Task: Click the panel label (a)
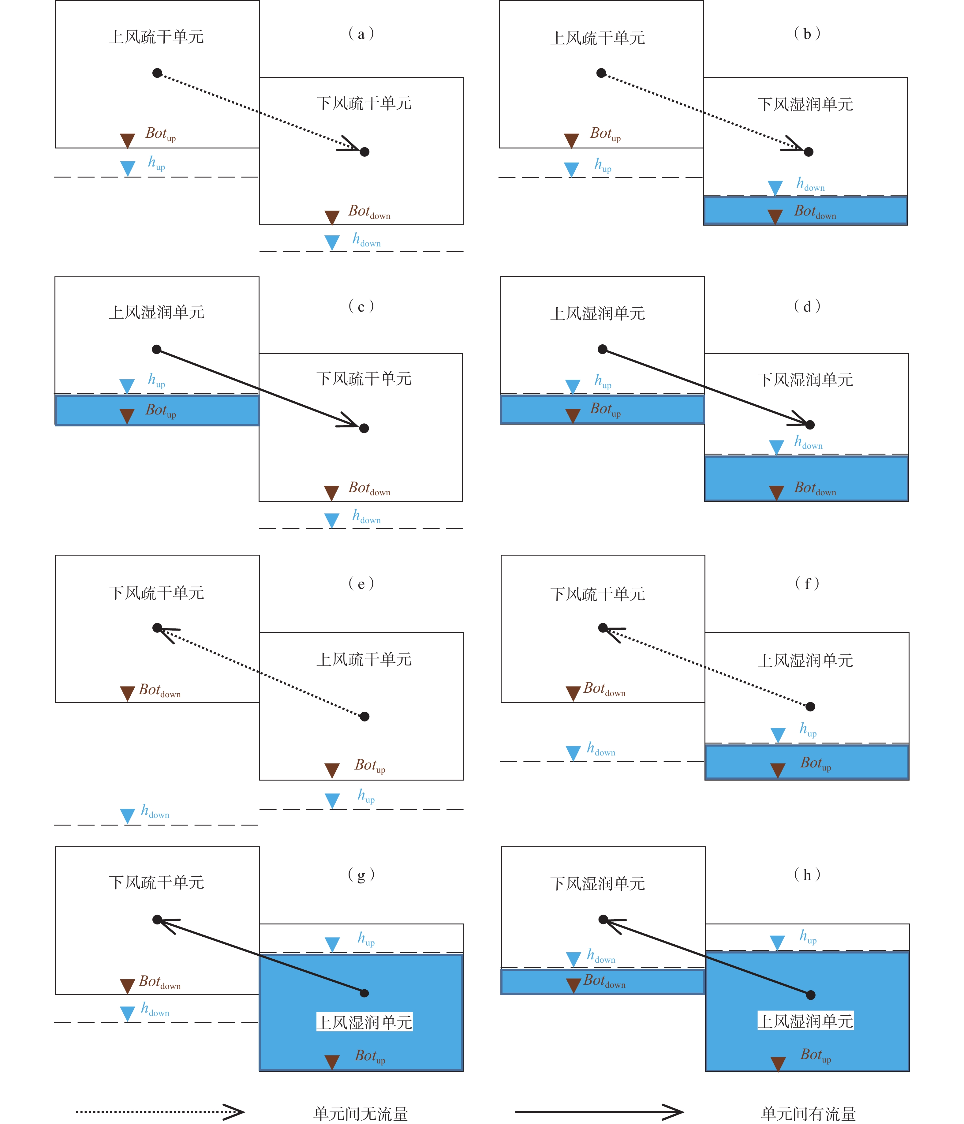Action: click(x=361, y=34)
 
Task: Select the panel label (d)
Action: click(x=807, y=306)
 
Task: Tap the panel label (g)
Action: click(x=361, y=875)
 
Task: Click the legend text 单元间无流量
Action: click(x=361, y=1114)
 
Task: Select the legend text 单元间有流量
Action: click(x=808, y=1114)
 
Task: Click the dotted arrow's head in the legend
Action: click(x=234, y=1112)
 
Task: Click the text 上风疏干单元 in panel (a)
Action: click(x=157, y=37)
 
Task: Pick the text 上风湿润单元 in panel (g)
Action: click(x=364, y=1023)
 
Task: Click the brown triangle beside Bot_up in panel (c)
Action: click(x=127, y=416)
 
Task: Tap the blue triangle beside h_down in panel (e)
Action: click(x=128, y=816)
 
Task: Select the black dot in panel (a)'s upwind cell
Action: click(x=157, y=73)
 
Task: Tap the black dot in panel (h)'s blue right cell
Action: click(x=810, y=995)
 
